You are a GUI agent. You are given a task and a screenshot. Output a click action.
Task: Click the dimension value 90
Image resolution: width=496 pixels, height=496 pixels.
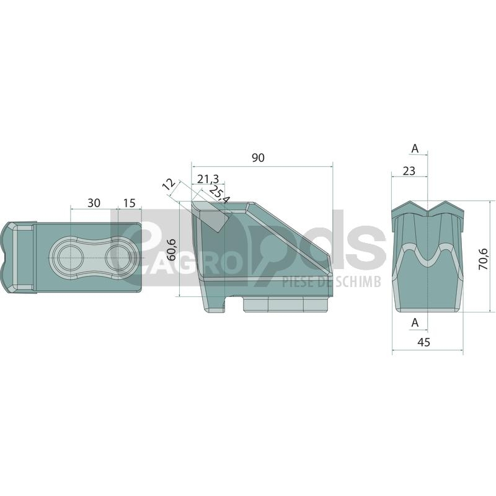[x=258, y=157]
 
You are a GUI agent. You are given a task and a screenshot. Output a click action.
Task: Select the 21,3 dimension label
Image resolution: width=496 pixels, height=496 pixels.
[x=208, y=179]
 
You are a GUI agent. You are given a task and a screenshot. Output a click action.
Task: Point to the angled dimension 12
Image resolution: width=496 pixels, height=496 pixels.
[x=169, y=184]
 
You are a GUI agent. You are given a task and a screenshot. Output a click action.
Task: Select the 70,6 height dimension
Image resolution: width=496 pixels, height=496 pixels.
[x=483, y=259]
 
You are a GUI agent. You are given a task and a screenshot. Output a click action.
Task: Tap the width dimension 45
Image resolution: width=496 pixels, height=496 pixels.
[x=424, y=342]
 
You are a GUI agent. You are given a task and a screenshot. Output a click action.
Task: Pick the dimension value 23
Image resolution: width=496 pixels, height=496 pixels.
[x=409, y=171]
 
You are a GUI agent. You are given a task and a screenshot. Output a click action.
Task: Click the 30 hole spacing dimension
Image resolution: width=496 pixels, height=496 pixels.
[x=94, y=203]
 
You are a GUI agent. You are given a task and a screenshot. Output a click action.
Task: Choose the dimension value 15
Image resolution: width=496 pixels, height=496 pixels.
[x=129, y=203]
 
